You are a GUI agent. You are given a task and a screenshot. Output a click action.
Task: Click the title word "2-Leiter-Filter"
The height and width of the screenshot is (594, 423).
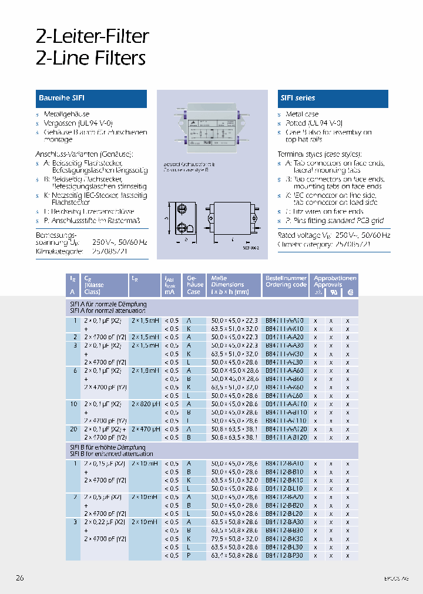[x=92, y=36]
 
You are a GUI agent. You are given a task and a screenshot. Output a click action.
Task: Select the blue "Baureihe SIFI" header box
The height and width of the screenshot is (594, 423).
[x=90, y=99]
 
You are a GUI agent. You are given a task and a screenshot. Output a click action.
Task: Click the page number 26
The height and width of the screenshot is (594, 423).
[x=20, y=578]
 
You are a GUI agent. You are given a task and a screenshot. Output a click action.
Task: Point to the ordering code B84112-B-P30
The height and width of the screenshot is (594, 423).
[x=284, y=555]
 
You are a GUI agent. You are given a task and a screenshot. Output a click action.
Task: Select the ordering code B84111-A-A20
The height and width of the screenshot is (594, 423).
[x=284, y=337]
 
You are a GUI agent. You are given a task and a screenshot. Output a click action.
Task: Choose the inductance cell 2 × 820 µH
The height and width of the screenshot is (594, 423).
[x=145, y=404]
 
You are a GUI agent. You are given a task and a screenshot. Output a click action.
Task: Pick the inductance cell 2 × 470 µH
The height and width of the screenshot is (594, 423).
[x=145, y=429]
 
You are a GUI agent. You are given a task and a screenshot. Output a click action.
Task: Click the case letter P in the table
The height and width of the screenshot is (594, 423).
[x=189, y=555]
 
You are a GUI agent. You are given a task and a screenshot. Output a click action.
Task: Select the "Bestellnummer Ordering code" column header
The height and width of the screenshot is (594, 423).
[x=286, y=281]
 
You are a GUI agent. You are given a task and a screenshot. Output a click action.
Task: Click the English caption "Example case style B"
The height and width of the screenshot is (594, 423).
[x=189, y=170]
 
